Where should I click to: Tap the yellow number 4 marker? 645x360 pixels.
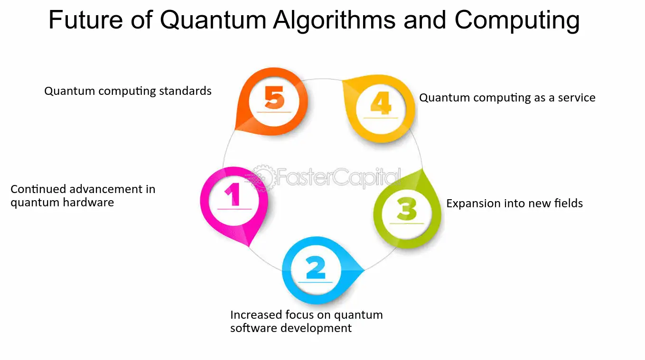coord(381,109)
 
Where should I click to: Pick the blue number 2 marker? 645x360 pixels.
coord(317,270)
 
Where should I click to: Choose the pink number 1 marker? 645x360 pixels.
coord(234,202)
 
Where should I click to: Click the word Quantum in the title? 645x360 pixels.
coord(213,20)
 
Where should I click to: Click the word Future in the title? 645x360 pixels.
coord(86,20)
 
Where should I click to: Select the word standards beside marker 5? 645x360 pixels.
coord(185,91)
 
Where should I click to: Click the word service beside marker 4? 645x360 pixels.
coord(577,98)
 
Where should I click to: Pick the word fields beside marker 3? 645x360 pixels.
coord(569,203)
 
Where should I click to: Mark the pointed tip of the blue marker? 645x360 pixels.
coord(365,270)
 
